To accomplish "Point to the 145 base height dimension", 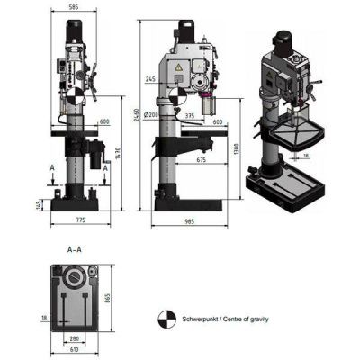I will pyautogui.click(x=37, y=204).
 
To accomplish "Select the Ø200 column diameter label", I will pyautogui.click(x=150, y=115).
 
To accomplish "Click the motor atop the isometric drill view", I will pyautogui.click(x=285, y=40).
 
